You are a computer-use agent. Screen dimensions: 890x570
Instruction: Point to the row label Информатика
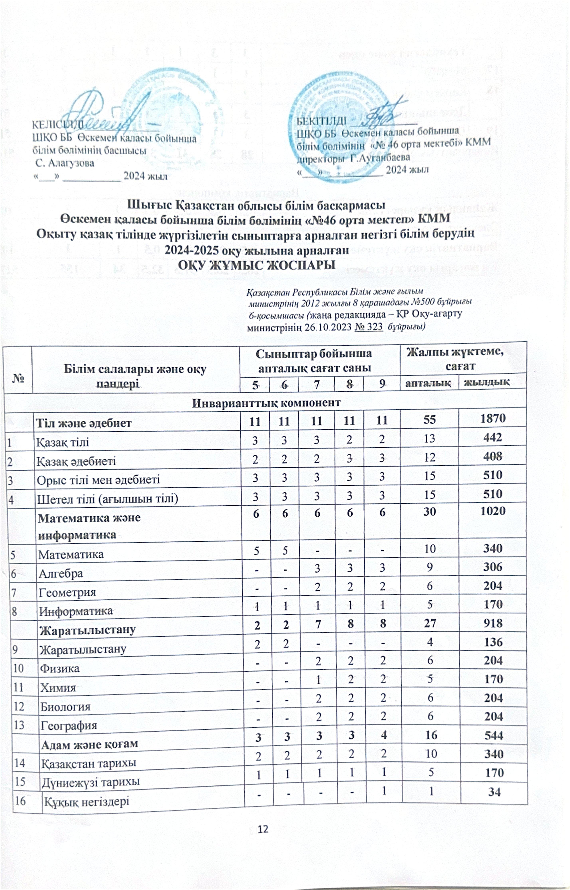(x=76, y=611)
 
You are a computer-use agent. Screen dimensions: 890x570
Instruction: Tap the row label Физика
(x=59, y=668)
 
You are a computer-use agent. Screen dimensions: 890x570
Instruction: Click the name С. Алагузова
(x=65, y=163)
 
